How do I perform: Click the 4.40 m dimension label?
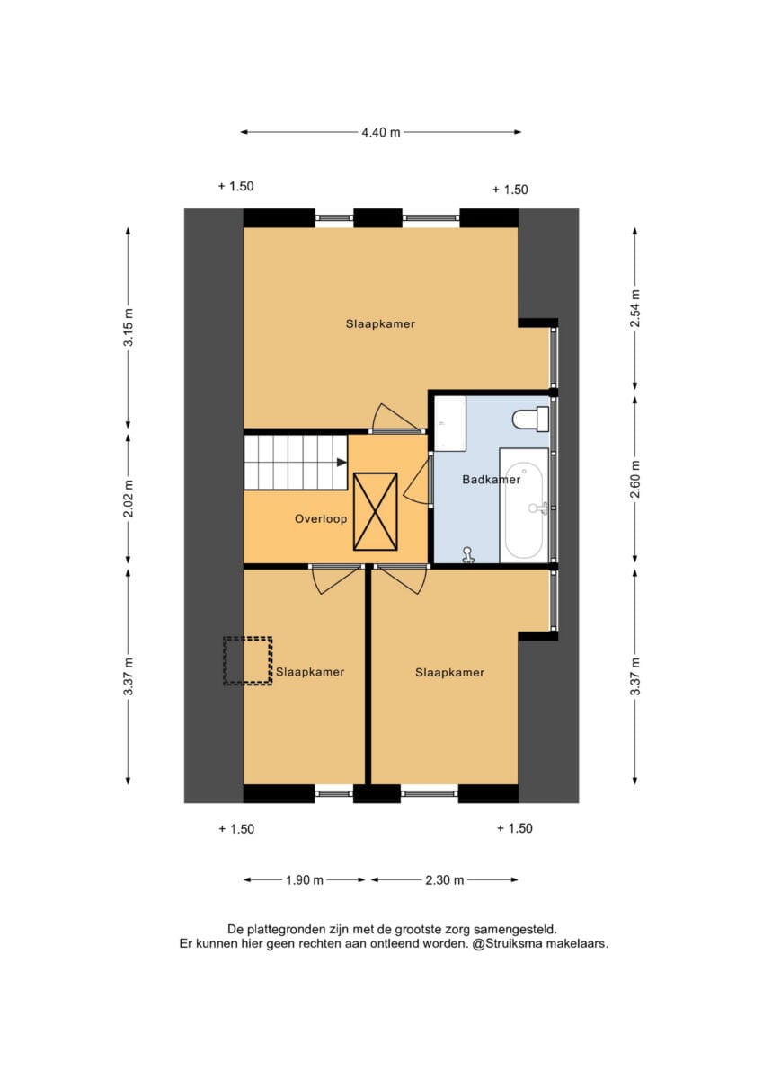point(381,132)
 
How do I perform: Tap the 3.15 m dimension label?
point(129,327)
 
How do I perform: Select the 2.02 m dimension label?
point(129,498)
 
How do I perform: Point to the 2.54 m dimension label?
point(635,308)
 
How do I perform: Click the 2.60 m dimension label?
point(635,480)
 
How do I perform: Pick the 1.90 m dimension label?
point(305,880)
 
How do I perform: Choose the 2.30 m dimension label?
point(444,880)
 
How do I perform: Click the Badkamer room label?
point(491,480)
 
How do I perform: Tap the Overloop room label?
point(321,519)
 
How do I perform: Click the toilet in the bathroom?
point(530,420)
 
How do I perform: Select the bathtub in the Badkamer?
point(524,505)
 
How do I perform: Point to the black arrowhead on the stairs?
point(342,463)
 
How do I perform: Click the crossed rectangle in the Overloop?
point(376,511)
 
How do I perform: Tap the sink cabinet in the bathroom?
point(450,423)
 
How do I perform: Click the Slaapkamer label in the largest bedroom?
point(380,324)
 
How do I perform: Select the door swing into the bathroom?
point(417,479)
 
